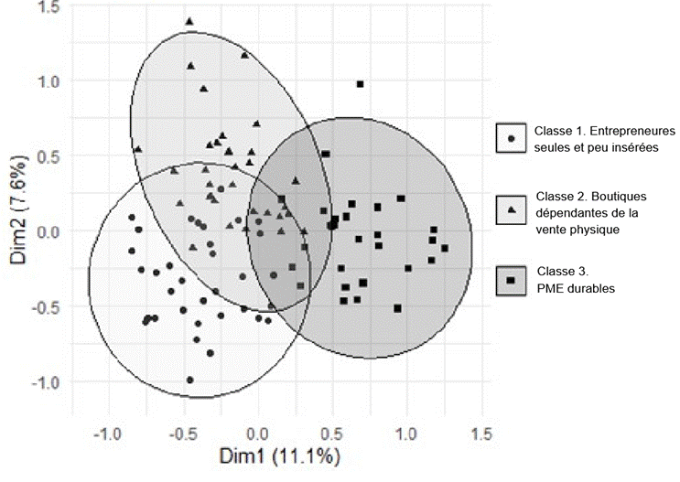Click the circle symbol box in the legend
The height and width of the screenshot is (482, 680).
coord(511,139)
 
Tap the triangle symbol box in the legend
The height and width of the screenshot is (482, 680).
coord(511,210)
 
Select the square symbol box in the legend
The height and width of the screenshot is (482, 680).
coord(511,280)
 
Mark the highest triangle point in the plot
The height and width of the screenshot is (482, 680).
coord(189,21)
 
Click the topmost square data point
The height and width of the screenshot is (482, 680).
coord(360,84)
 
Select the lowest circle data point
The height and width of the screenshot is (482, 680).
coord(189,380)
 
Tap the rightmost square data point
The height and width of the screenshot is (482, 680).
coord(445,248)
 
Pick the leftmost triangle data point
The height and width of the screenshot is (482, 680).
coord(137,148)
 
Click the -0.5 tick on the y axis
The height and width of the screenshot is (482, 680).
coord(46,305)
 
